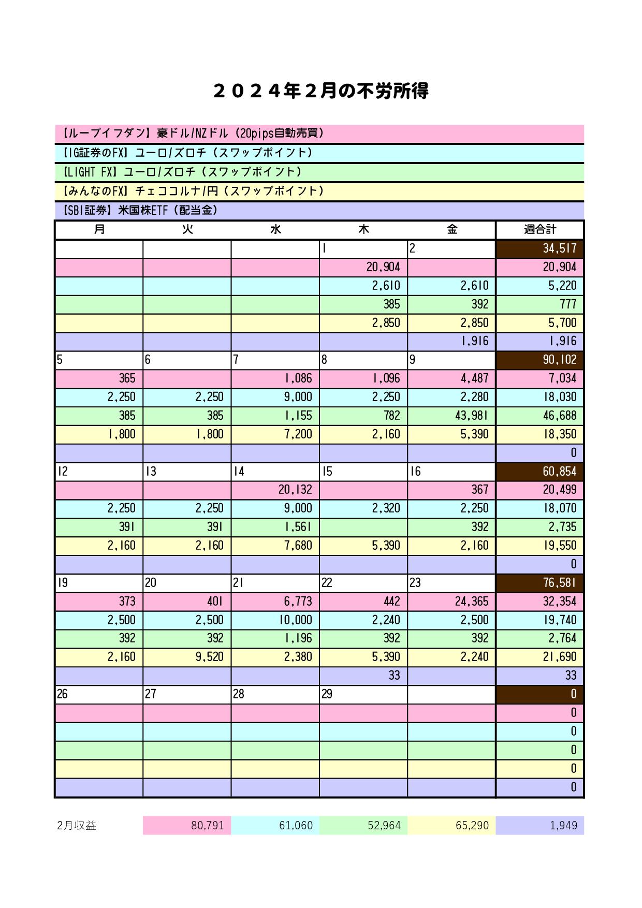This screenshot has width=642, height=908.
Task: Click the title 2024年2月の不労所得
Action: click(x=320, y=91)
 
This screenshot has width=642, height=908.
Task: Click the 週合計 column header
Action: click(x=539, y=229)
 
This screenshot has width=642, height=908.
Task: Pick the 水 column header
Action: click(x=275, y=229)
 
